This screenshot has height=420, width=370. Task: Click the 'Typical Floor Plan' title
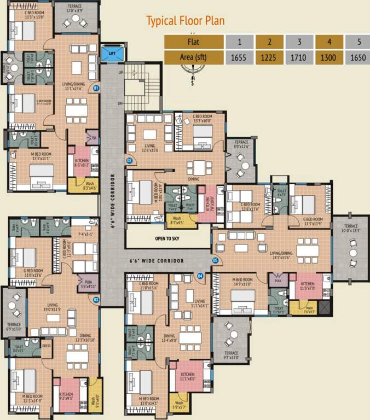(185, 21)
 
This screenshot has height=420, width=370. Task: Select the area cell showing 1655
(240, 56)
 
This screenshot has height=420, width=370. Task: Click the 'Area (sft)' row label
(194, 56)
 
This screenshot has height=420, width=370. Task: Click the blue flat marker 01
(96, 87)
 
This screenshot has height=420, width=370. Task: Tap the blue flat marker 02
(130, 160)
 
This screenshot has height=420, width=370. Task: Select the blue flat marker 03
(96, 299)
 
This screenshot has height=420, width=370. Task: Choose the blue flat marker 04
(200, 276)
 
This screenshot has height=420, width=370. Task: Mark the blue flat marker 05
(215, 260)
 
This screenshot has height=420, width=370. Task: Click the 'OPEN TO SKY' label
(168, 238)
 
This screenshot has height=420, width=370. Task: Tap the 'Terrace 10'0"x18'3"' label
(351, 229)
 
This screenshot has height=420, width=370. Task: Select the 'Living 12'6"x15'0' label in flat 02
(150, 149)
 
